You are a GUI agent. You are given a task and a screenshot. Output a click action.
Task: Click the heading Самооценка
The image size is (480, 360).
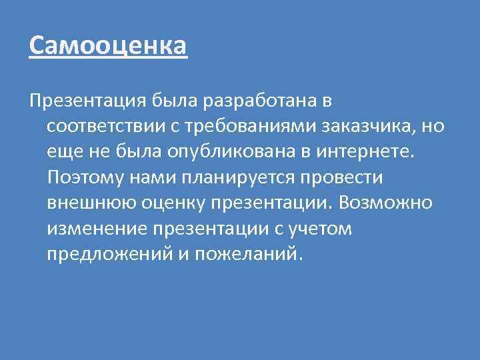(109, 46)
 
